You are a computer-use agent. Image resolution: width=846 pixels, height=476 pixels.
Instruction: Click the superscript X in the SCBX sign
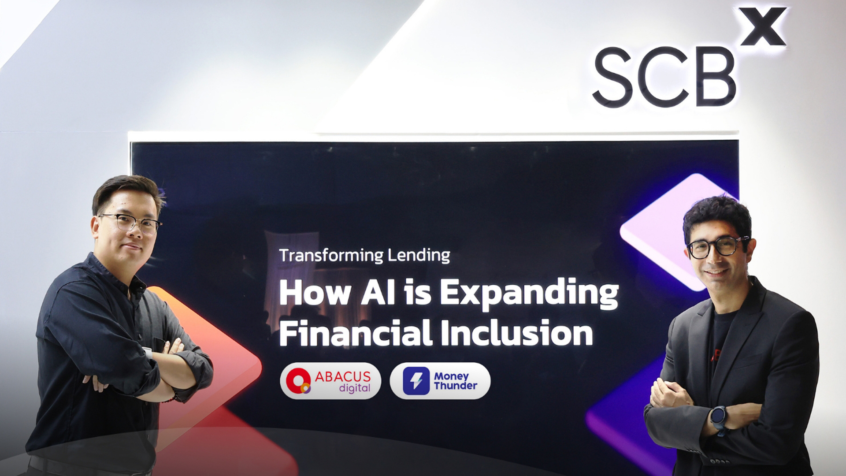click(764, 26)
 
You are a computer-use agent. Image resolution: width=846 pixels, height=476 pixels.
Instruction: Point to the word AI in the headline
click(378, 292)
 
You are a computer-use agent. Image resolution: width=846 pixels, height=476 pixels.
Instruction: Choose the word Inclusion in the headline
click(516, 333)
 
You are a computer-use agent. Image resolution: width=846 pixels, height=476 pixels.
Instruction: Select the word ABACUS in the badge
click(343, 376)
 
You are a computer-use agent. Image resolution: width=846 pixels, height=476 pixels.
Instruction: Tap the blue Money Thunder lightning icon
click(416, 381)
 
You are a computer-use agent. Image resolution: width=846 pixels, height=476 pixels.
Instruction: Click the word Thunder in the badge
click(456, 386)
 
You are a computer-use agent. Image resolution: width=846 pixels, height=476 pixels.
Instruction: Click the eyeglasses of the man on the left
click(130, 223)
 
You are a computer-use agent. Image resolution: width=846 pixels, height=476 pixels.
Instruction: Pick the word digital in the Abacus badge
click(355, 388)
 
